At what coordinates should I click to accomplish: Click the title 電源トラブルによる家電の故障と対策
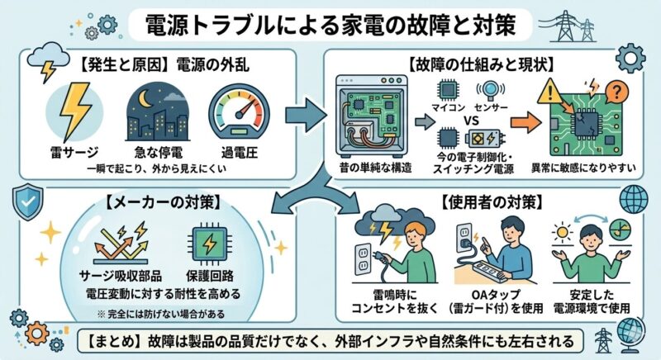pyautogui.click(x=331, y=24)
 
